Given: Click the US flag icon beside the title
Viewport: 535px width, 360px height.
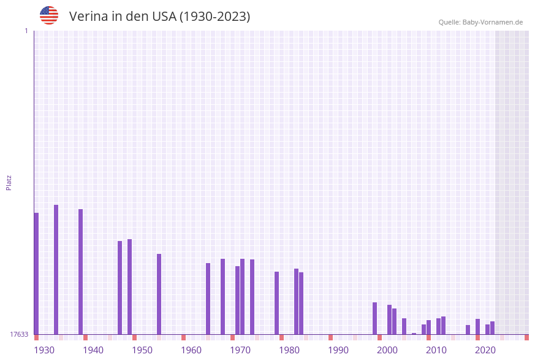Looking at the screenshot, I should point(49,15).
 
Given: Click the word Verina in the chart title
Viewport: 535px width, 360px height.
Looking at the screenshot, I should point(88,17).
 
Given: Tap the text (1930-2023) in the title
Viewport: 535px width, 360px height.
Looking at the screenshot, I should point(214,17).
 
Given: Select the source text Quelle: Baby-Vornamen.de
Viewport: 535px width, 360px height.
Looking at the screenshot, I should point(480,22).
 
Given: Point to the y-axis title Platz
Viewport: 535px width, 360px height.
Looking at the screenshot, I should point(9,182).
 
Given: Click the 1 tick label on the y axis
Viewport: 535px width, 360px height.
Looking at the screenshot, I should point(26,31).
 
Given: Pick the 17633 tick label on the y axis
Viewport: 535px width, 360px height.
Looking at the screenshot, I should point(19,334).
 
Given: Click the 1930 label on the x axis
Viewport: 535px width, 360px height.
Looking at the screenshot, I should point(44,350).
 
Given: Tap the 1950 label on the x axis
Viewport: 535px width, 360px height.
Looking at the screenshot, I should point(142,350).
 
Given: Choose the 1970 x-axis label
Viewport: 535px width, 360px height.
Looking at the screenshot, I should point(240,350).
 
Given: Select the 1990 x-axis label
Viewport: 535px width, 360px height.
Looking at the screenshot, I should point(338,350).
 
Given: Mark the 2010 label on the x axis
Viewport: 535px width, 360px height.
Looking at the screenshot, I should point(436,350).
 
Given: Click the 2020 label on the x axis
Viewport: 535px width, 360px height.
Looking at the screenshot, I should point(485,350).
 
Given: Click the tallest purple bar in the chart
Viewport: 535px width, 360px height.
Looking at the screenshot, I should point(56,270).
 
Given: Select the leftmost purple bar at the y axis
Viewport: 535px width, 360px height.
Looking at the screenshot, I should point(36,274).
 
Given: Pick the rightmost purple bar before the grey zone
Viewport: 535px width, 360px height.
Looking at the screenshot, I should point(492,327).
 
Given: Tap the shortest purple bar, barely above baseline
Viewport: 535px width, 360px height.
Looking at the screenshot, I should point(414,334).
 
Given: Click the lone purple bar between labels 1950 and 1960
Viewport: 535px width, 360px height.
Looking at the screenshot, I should point(159,294).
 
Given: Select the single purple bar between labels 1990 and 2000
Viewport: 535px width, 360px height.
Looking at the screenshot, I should point(374,318).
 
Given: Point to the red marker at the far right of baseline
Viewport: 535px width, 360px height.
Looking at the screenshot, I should point(526,337).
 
